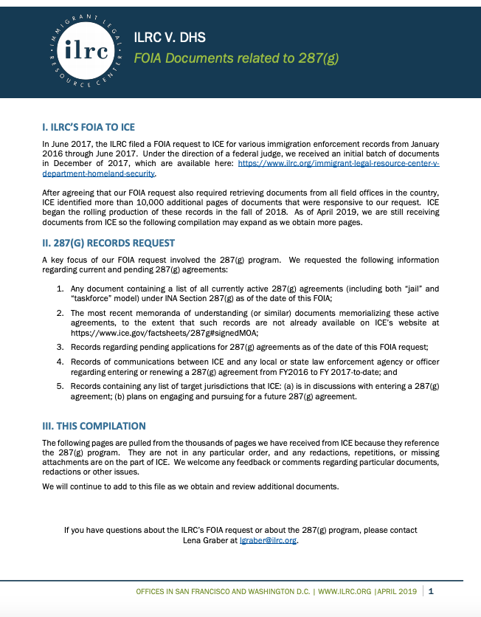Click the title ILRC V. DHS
point(170,38)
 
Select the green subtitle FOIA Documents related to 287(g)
point(236,58)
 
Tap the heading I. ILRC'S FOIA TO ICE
point(89,127)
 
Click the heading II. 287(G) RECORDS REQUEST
point(109,244)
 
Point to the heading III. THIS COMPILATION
point(94,426)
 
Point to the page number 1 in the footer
point(431,591)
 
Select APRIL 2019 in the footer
point(398,592)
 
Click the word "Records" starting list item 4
point(87,362)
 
